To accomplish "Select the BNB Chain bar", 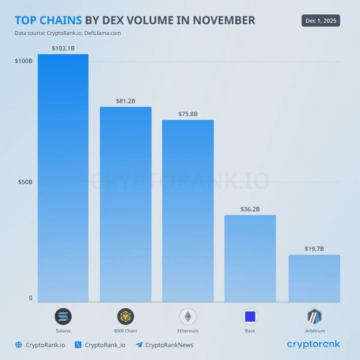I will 125,204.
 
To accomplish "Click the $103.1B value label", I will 63,48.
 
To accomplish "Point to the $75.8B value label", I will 188,114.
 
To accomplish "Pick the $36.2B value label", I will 250,209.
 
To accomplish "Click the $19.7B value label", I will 314,249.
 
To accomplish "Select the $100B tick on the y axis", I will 23,61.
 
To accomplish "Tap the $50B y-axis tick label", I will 25,182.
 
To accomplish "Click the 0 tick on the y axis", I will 31,298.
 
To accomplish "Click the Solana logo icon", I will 63,316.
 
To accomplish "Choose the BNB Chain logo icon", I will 125,316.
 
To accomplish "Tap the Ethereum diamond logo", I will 188,316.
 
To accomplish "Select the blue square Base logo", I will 250,316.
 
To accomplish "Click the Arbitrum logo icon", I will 314,316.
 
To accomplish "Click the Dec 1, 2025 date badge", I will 321,21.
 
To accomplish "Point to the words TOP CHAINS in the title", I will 48,20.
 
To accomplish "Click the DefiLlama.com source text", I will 103,33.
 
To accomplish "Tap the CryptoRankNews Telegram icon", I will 139,345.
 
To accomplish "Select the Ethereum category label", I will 188,331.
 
